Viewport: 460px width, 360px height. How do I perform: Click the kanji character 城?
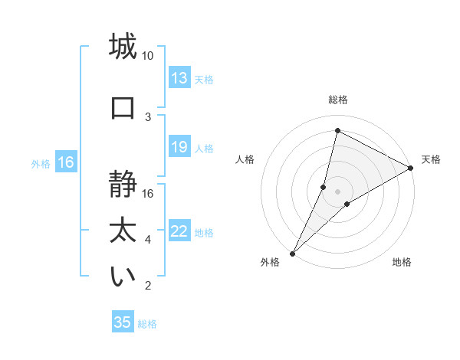123,47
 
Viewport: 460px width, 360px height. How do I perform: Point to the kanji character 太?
123,229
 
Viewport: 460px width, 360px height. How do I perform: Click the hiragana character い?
123,277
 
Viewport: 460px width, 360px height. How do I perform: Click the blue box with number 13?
179,78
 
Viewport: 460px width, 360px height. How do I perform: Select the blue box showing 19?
179,147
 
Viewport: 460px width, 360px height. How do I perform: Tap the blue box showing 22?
179,232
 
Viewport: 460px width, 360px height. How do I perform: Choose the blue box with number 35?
123,322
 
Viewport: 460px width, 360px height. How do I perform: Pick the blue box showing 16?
65,162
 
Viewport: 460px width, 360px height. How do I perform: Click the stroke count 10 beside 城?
148,56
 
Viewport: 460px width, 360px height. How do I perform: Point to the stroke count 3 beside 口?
148,116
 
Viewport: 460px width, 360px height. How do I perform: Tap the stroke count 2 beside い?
148,286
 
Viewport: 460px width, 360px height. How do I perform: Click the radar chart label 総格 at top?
337,100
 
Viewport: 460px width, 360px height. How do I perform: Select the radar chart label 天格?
431,159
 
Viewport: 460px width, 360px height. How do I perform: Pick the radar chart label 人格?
245,159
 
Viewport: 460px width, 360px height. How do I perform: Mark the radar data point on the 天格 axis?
410,168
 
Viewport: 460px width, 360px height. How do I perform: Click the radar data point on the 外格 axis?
292,253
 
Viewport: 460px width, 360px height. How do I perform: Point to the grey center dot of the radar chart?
337,191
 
